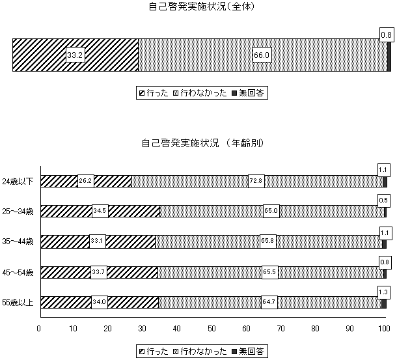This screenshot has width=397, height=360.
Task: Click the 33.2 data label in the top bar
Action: click(x=75, y=55)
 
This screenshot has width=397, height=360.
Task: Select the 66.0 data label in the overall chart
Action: click(x=262, y=55)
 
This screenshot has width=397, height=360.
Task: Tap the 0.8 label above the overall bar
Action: click(x=387, y=35)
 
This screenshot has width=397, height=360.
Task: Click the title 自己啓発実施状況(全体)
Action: click(x=202, y=7)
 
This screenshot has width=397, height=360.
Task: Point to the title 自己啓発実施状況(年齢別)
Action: click(x=202, y=143)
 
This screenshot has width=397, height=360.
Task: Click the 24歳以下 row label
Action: click(x=18, y=182)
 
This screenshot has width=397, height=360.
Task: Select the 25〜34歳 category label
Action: click(x=18, y=212)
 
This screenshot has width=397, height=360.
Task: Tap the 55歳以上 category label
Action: click(x=18, y=303)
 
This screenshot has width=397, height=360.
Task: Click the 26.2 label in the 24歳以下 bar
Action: click(x=85, y=181)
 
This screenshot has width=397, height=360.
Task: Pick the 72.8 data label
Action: click(x=256, y=181)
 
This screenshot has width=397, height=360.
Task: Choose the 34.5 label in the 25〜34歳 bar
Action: click(x=100, y=211)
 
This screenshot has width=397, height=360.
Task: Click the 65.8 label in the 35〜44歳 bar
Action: click(x=268, y=241)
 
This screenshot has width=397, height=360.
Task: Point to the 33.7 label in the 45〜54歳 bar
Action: click(x=99, y=272)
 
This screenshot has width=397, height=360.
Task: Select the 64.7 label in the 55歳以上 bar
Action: click(x=269, y=302)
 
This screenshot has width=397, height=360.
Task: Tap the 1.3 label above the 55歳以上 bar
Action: click(x=383, y=292)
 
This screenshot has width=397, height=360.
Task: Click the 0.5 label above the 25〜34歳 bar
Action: click(x=384, y=201)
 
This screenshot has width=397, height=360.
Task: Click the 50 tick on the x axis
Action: click(x=212, y=329)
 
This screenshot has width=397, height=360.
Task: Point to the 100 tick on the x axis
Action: click(x=385, y=329)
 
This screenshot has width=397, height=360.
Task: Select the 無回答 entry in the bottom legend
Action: click(x=248, y=352)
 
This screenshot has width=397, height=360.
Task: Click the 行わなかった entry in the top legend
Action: click(x=200, y=93)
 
